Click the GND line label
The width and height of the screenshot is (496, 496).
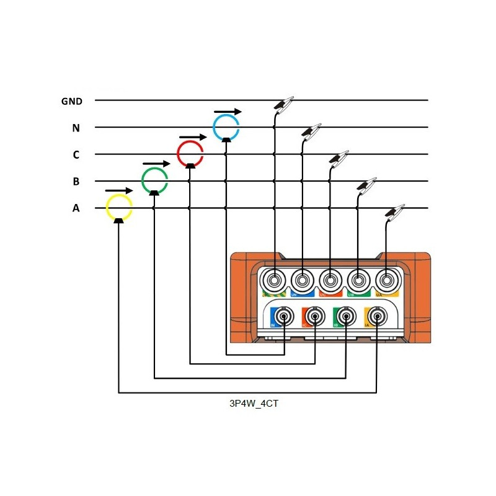tap(71, 100)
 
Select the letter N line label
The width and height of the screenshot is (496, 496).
tap(76, 128)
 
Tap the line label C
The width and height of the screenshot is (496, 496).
tap(76, 155)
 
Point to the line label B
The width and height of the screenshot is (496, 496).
tap(76, 182)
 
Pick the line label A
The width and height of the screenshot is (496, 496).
tap(76, 209)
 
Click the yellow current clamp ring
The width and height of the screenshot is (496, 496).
tap(119, 208)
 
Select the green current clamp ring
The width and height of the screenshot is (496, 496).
tap(154, 180)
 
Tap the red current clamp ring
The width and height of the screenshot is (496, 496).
tap(190, 153)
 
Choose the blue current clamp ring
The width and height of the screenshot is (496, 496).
tap(226, 126)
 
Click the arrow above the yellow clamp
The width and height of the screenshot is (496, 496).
tap(118, 190)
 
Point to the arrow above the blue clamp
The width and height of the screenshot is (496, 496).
tap(228, 112)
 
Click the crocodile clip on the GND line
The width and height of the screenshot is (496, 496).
tap(283, 104)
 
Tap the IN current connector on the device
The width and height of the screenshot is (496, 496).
tap(283, 317)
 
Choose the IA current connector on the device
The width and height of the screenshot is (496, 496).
tap(376, 317)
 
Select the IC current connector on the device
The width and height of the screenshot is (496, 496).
tap(315, 317)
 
